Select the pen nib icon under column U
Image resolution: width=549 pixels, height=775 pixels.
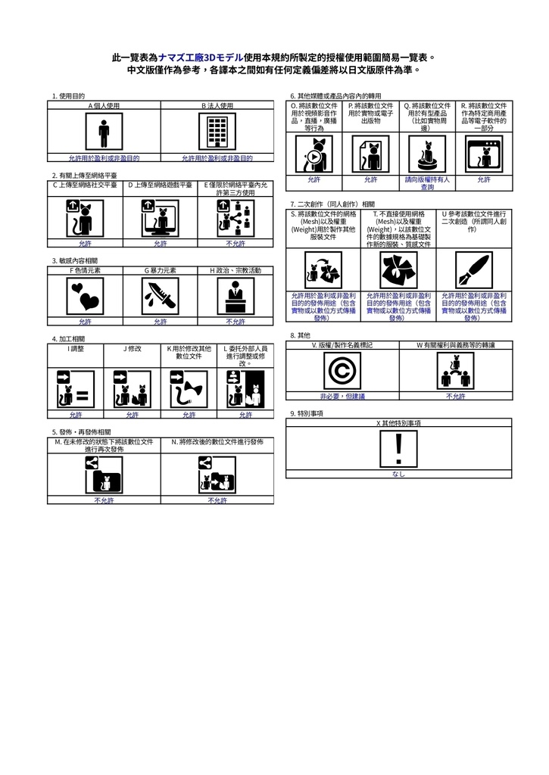pos(473,269)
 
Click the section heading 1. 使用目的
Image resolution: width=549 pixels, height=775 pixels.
pos(68,96)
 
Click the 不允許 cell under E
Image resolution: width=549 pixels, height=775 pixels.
pos(235,244)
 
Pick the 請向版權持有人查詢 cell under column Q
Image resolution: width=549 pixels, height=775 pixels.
pos(427,183)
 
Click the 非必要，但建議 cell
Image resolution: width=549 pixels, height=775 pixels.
pos(342,396)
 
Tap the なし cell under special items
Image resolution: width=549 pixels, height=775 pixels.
pos(398,475)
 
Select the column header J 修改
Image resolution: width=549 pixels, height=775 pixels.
pos(132,349)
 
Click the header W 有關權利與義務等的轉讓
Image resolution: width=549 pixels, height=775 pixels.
pos(455,345)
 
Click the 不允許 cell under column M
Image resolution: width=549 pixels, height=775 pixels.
pos(104,500)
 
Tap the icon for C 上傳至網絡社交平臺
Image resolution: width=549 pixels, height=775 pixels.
pos(85,218)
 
